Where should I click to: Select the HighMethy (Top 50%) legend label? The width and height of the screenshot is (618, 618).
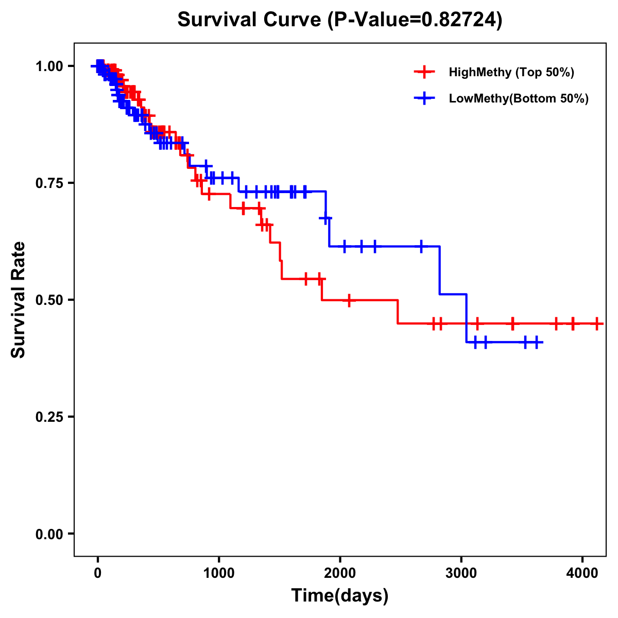point(511,72)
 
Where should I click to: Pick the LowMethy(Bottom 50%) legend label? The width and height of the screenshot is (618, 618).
point(519,99)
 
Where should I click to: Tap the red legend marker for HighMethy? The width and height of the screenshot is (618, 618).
point(424,72)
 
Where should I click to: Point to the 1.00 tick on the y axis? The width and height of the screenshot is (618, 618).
point(49,66)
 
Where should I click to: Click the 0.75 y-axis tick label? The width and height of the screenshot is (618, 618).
point(49,183)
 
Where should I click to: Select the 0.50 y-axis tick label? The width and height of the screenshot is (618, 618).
point(49,300)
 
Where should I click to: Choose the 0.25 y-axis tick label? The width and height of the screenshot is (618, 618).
point(49,417)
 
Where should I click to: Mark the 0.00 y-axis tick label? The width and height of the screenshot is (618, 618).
point(49,534)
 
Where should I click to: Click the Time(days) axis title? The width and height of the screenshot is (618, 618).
point(340,595)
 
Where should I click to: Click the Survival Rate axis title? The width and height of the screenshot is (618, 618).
point(19,300)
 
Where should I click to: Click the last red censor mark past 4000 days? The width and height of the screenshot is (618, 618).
point(597,323)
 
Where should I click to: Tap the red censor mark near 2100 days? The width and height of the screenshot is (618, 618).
point(349,300)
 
